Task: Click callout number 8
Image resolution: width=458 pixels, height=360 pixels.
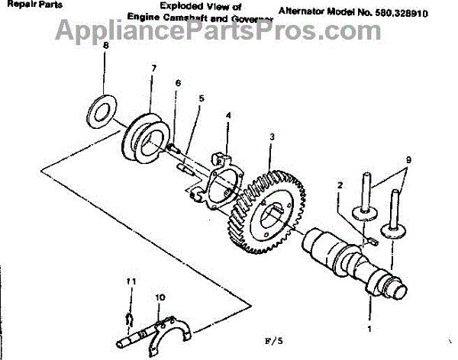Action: coord(106,46)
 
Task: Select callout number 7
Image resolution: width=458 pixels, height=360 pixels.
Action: coord(153,69)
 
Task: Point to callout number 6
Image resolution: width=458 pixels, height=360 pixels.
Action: coord(177,82)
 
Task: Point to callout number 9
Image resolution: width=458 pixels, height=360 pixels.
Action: coord(408,160)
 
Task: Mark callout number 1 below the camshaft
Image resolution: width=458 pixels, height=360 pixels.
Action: coord(370,329)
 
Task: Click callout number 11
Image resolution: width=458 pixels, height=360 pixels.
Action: coord(131,281)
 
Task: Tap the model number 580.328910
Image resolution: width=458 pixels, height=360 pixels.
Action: coord(418,13)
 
